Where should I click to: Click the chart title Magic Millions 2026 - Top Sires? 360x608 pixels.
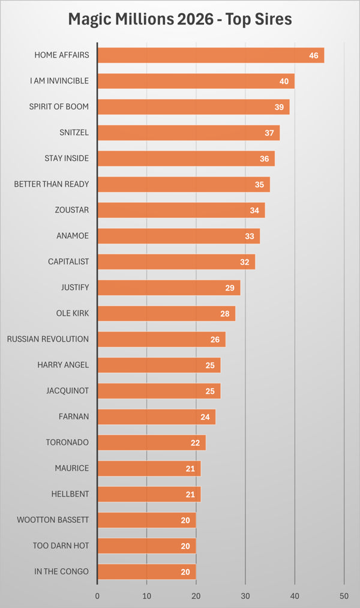[180, 19]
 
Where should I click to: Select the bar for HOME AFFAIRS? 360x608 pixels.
[210, 55]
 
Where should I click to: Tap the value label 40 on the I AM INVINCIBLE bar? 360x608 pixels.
[283, 81]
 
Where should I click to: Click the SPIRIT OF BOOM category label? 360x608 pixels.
[59, 107]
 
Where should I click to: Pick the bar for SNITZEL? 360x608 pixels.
[188, 133]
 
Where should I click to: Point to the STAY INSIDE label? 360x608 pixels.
[67, 158]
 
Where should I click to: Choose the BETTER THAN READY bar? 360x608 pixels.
[183, 184]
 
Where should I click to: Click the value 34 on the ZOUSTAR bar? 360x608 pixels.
[254, 210]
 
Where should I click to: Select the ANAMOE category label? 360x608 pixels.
[73, 236]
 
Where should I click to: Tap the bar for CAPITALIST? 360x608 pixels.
[176, 262]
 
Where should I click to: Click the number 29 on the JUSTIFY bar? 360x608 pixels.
[230, 287]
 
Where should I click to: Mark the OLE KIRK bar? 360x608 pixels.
[166, 313]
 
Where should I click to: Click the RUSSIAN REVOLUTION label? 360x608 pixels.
[48, 339]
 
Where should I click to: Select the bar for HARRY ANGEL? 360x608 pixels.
[158, 365]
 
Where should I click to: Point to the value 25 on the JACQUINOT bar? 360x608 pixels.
[210, 391]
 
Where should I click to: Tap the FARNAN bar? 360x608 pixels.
[156, 417]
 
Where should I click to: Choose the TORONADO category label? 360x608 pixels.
[67, 442]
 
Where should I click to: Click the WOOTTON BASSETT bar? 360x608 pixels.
[146, 520]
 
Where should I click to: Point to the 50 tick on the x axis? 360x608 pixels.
[344, 597]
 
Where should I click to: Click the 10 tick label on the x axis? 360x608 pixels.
[146, 597]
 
